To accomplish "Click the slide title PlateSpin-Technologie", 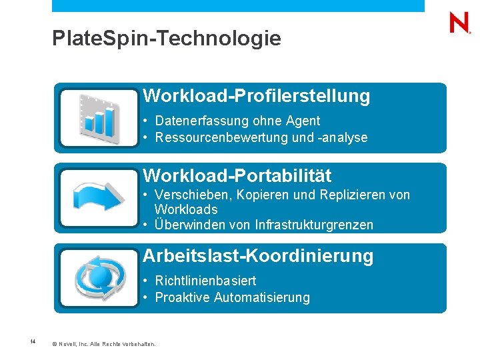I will tap(167, 39).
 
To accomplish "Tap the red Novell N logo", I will tap(459, 24).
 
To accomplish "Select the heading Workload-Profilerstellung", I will tap(257, 96).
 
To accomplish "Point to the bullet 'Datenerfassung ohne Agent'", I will tap(237, 121).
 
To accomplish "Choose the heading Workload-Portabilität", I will tap(237, 175).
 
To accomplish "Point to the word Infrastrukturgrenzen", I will tap(315, 225).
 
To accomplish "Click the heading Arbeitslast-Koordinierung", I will tap(258, 256).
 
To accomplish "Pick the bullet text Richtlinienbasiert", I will tap(205, 281).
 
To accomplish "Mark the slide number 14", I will tap(32, 343).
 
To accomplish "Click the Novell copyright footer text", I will tap(103, 344).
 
